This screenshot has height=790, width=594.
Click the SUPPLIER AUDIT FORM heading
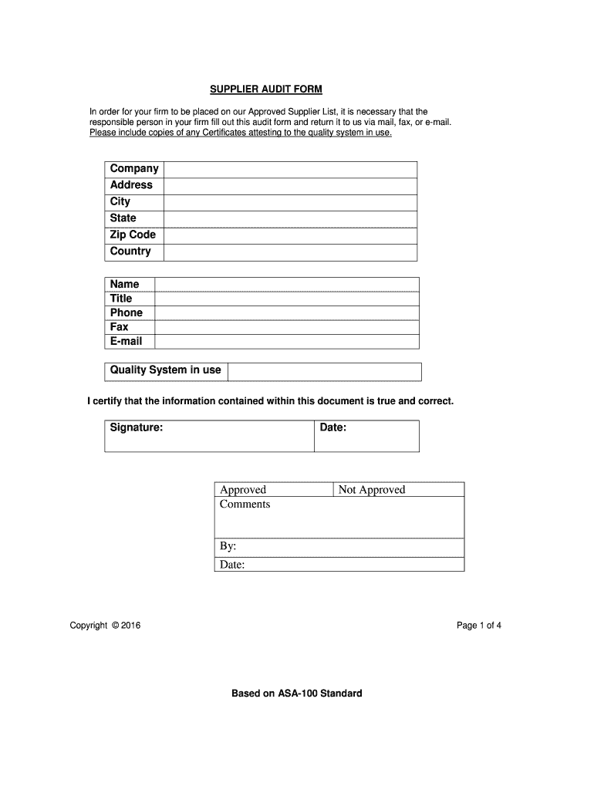[261, 89]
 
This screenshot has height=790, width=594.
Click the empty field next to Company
[290, 170]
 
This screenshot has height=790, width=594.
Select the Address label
[131, 185]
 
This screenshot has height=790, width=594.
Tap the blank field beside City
[290, 202]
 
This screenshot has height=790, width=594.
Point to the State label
[123, 218]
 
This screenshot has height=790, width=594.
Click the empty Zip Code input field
[290, 235]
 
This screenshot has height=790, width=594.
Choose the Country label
[130, 252]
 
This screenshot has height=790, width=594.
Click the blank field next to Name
[287, 285]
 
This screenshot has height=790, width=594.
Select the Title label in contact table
[121, 299]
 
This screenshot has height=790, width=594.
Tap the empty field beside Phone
[287, 313]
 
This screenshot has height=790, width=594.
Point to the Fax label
[120, 327]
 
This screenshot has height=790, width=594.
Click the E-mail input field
[287, 342]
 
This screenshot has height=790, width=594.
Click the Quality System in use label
[165, 370]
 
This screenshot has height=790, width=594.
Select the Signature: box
[209, 436]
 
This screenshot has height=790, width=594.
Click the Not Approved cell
[399, 490]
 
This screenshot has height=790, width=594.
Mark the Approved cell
[274, 490]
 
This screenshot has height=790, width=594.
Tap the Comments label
[245, 505]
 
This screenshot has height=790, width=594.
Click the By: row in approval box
[339, 547]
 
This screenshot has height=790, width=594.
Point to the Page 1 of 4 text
[479, 626]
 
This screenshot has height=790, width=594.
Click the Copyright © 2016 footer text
[105, 626]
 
